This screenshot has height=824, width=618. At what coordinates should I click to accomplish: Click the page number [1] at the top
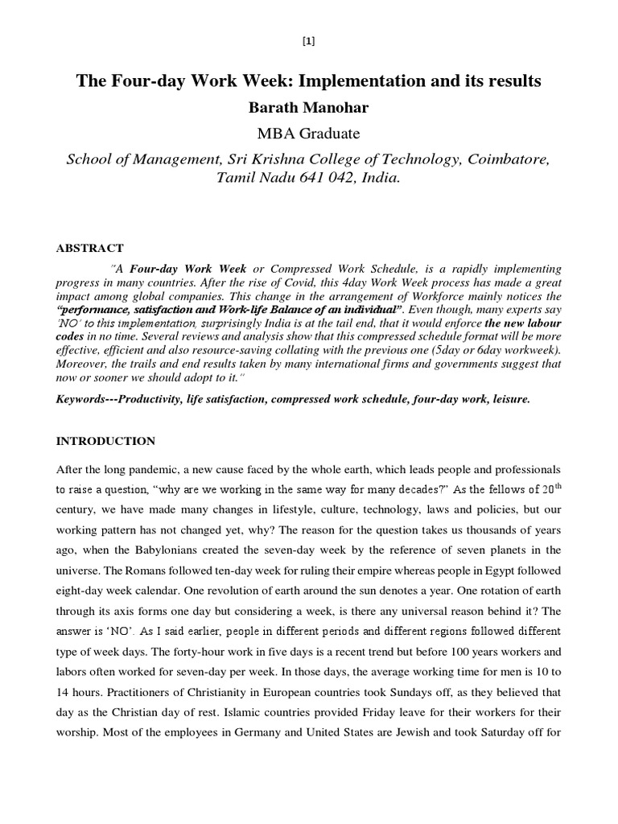tap(309, 43)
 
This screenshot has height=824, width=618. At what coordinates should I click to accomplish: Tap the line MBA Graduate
tap(309, 134)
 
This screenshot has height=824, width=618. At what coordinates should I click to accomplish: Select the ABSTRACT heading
tap(89, 249)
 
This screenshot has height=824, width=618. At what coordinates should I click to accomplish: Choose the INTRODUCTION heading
tap(105, 441)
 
